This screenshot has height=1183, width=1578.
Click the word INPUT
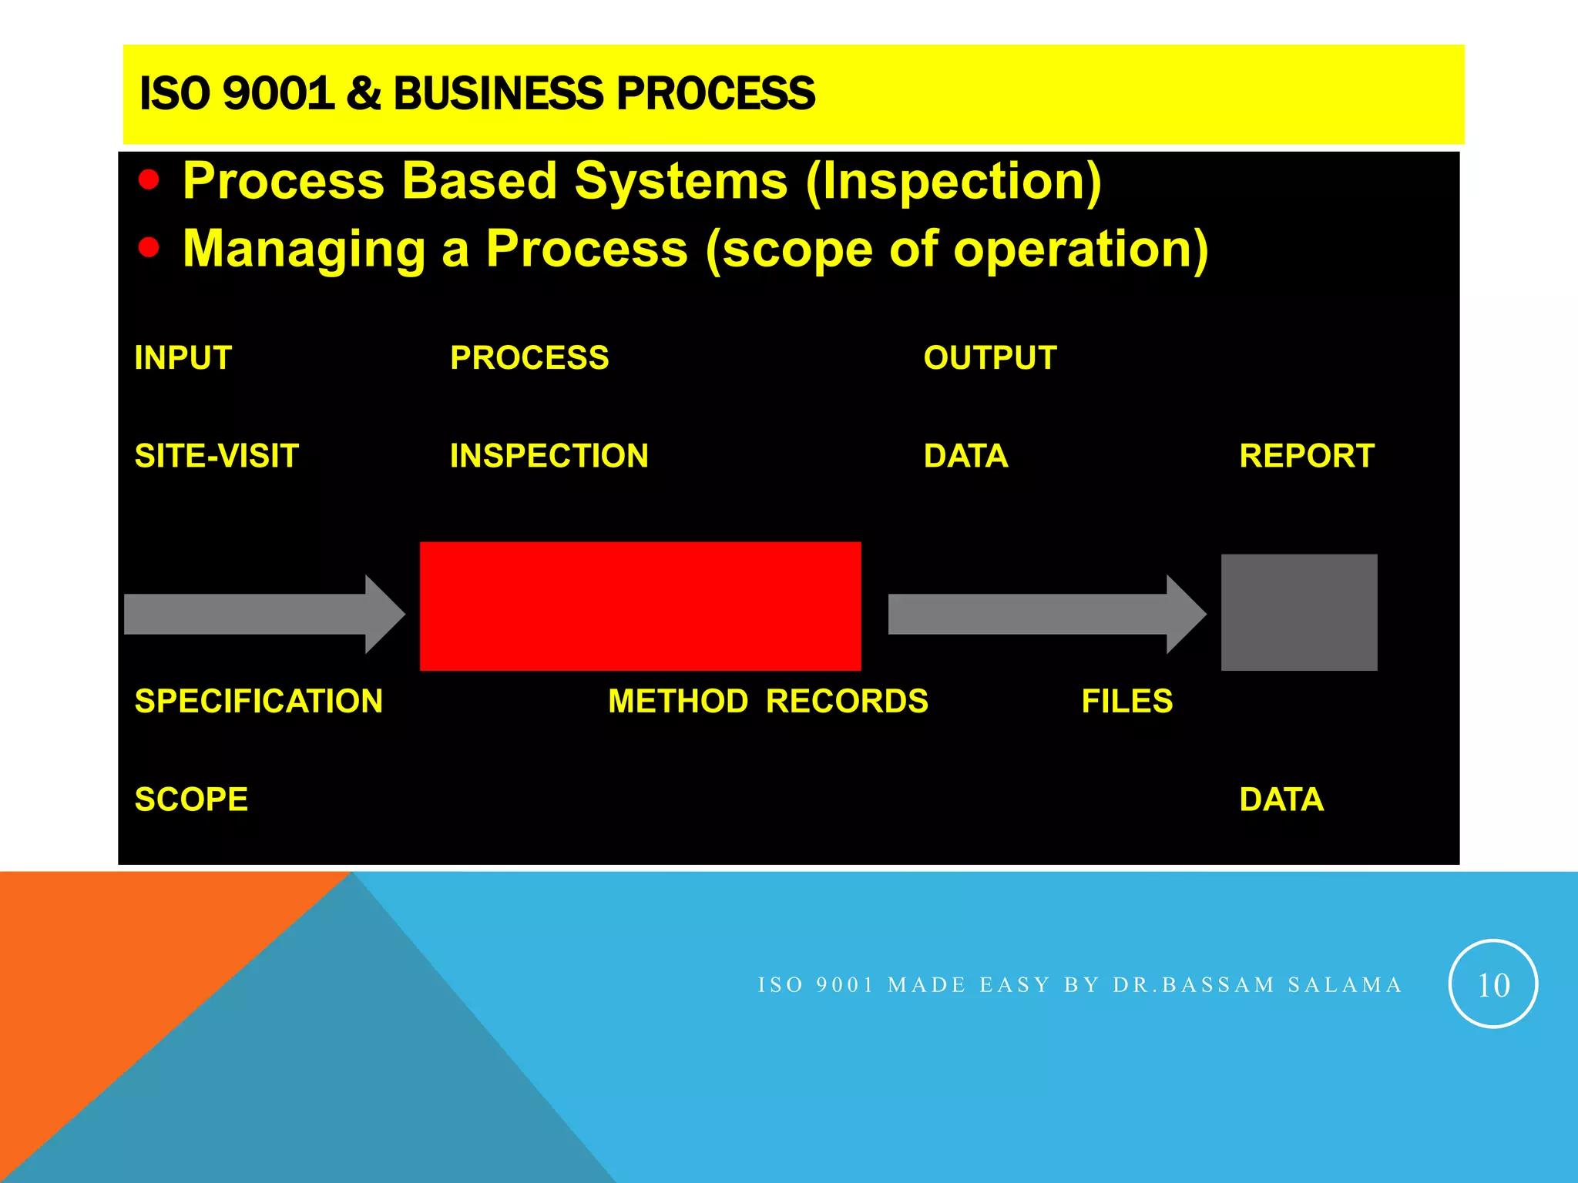[x=183, y=358]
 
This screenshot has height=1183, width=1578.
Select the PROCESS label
[x=529, y=358]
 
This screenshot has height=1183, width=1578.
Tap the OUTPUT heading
[x=990, y=358]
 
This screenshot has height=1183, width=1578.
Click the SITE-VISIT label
[x=217, y=456]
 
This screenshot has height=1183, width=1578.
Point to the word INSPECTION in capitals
[x=549, y=456]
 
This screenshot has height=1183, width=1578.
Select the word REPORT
[x=1307, y=456]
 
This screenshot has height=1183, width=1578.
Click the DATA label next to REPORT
[x=965, y=456]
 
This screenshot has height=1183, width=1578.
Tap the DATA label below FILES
[x=1281, y=799]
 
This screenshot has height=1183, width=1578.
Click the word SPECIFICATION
[x=258, y=702]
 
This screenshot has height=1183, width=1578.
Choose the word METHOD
[x=678, y=702]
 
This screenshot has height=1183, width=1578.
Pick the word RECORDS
[x=847, y=702]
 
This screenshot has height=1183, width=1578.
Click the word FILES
[x=1126, y=702]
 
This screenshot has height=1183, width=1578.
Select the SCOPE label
[x=191, y=799]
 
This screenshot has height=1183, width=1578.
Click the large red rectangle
[x=640, y=606]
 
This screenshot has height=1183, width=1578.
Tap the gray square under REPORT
[x=1299, y=612]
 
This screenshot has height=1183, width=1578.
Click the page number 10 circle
[x=1493, y=984]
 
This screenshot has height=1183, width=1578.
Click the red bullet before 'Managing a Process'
[x=149, y=248]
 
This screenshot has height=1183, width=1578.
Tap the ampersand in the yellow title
[x=364, y=93]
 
